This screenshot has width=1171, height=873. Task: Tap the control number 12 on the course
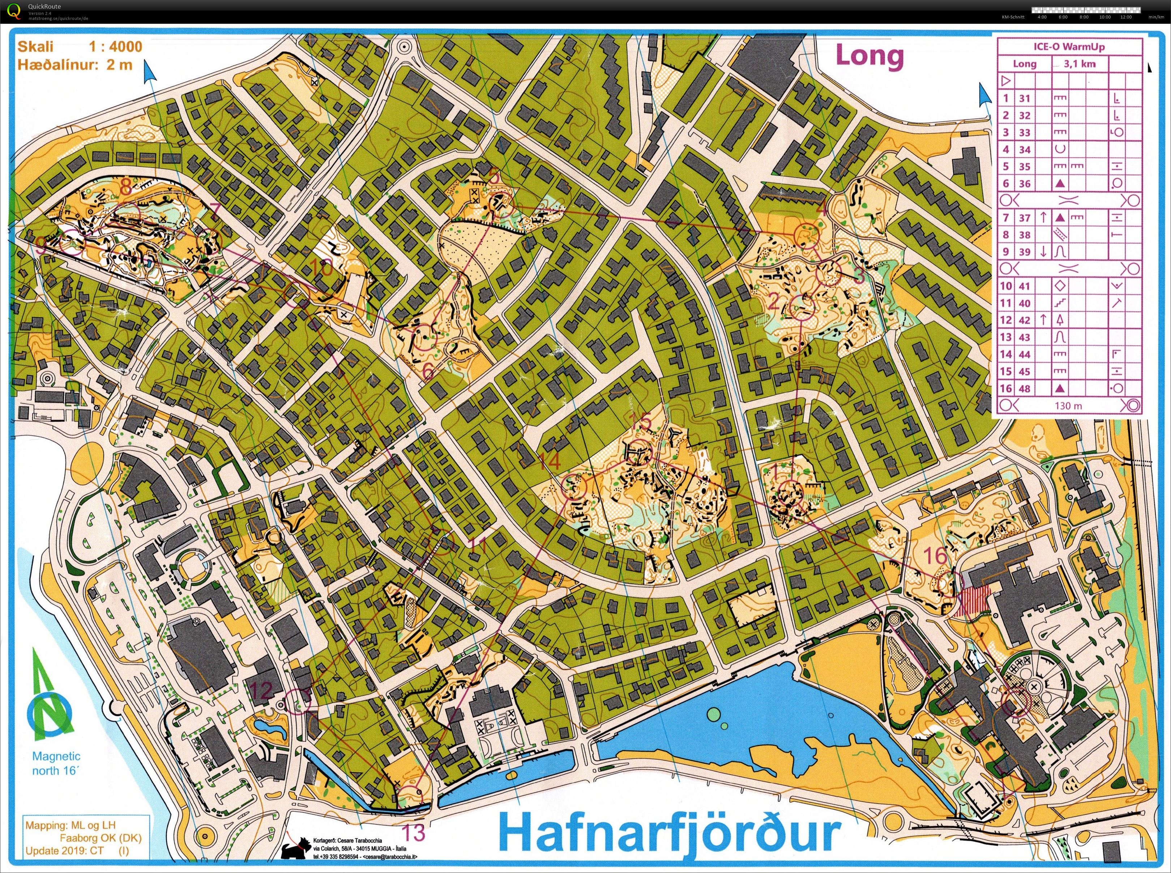262,690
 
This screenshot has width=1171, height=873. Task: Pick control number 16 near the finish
935,556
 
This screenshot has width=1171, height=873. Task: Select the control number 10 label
323,269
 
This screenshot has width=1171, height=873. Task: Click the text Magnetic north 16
56,764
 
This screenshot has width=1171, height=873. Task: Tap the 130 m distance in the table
1068,405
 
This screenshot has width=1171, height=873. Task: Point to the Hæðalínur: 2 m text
74,65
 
